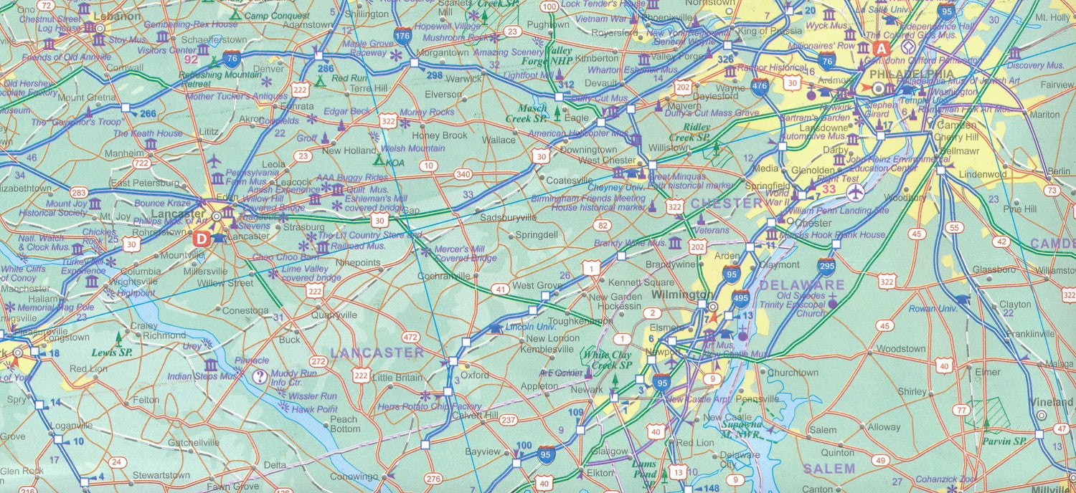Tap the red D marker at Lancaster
(202, 239)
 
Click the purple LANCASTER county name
(377, 353)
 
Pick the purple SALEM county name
(829, 469)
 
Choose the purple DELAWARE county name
(801, 285)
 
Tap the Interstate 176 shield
(403, 34)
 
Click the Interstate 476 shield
(760, 87)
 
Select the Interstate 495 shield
(740, 297)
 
